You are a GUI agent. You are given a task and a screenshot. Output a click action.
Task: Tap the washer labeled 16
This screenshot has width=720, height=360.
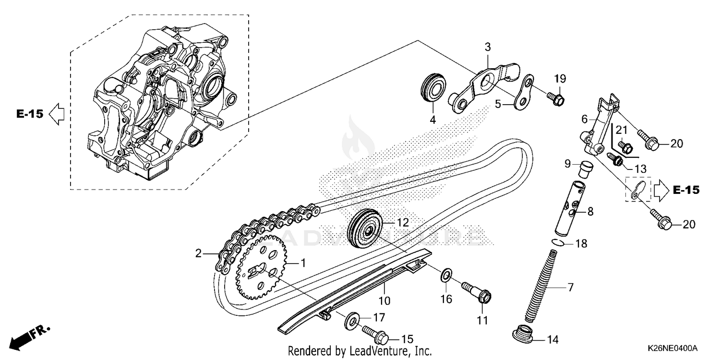[446, 276]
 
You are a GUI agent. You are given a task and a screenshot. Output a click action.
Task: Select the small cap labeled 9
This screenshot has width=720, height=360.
[584, 168]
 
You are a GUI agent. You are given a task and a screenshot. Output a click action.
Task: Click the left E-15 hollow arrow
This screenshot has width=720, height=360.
[57, 114]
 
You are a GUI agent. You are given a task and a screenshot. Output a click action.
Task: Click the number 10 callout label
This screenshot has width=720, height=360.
[384, 301]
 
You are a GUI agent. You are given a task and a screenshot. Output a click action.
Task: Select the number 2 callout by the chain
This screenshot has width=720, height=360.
[198, 253]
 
